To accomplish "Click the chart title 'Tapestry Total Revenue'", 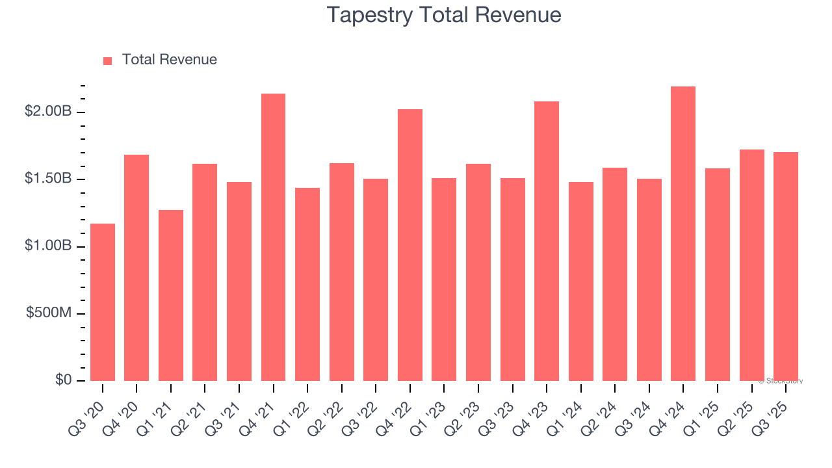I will coord(444,14).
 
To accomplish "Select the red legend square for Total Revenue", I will coord(108,60).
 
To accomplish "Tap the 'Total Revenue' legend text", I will coord(169,60).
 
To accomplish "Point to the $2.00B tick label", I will coord(48,112).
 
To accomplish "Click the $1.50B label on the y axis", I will coord(48,179).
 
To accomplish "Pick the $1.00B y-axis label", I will coord(48,246).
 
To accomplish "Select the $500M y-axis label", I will coord(49,313).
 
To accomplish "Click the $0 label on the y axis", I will coord(63,380).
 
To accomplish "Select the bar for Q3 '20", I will coord(103,302).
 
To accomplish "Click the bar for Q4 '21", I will coord(273,237).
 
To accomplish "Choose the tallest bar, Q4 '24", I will coord(683,234).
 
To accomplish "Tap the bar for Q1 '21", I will coord(171,296).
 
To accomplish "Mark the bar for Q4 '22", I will coord(410,245).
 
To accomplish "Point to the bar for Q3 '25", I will coord(786,266).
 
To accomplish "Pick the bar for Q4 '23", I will coord(547,241).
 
